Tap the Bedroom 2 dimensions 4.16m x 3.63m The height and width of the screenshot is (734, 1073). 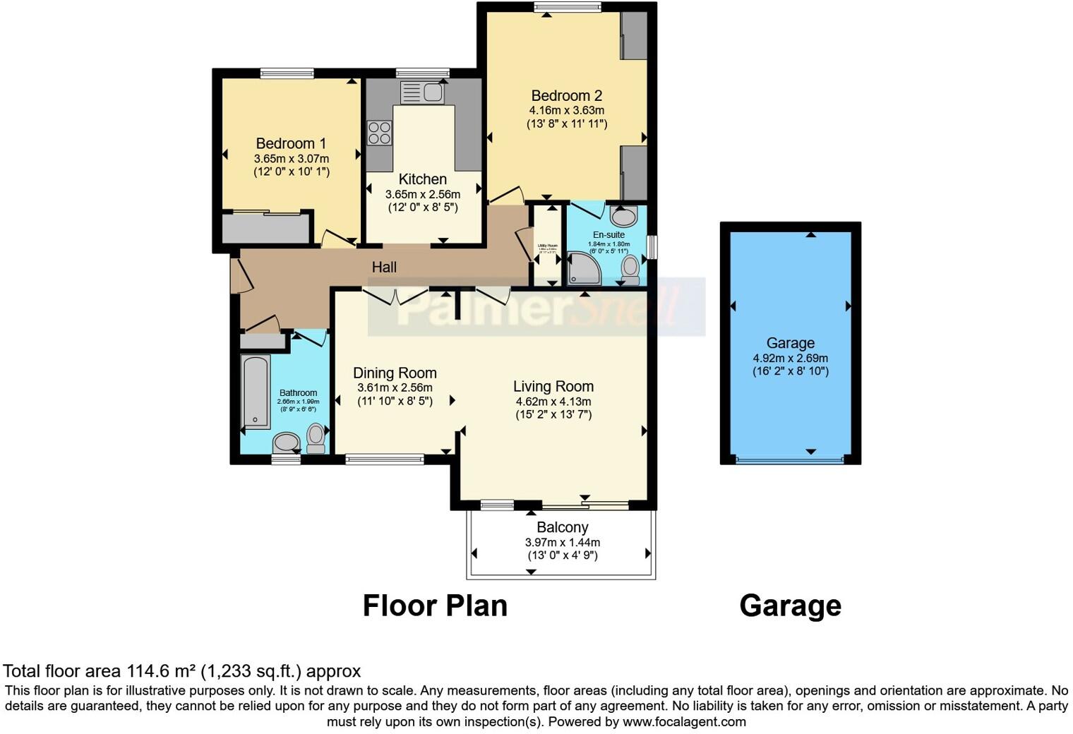pos(566,110)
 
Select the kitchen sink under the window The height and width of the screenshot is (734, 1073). pos(421,92)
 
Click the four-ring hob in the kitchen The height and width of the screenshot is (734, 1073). pos(379,133)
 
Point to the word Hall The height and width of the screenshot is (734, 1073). pos(384,267)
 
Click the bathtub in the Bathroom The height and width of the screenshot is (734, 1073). pos(256,392)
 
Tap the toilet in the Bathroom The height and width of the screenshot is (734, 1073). pos(316,437)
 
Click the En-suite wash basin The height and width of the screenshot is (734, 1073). pos(623,215)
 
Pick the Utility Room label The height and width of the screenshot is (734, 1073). pos(547,246)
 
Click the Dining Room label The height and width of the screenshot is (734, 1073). pos(395,373)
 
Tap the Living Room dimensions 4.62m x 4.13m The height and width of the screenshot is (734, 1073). pos(553,401)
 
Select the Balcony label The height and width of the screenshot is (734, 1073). pos(562,527)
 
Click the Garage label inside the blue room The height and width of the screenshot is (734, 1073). pos(790,343)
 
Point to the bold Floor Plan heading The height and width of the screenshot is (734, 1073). pos(435,606)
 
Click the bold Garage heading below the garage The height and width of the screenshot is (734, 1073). pos(790,606)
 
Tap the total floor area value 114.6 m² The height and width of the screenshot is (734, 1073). pos(161,670)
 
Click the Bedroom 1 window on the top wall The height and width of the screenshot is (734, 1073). pos(287,73)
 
